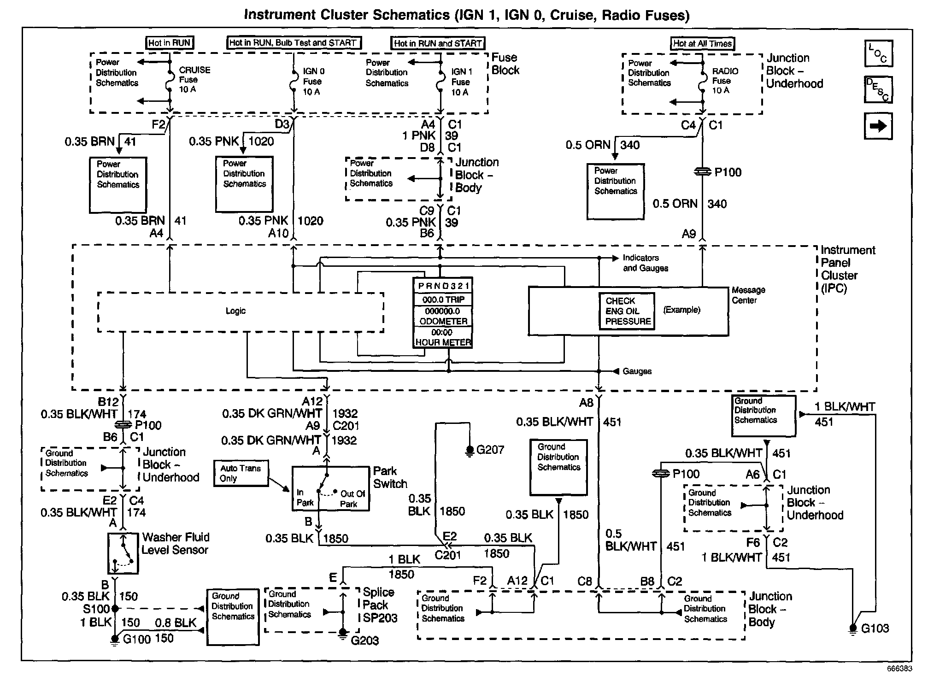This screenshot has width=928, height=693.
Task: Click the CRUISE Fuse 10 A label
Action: (194, 79)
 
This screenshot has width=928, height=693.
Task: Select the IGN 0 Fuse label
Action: (313, 82)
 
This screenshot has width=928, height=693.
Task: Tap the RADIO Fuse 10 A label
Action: (725, 81)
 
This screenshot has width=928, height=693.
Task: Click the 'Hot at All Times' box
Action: (702, 44)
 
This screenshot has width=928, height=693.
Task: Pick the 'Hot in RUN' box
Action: (169, 43)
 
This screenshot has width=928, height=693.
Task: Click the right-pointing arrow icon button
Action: (878, 126)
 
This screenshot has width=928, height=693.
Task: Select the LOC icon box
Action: (879, 53)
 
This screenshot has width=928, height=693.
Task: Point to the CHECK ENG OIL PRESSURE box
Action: (627, 311)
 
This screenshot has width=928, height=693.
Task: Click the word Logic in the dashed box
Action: (235, 311)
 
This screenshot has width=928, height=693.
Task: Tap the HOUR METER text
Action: (443, 342)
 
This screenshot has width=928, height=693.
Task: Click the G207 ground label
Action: (490, 450)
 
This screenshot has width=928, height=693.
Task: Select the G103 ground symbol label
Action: (875, 628)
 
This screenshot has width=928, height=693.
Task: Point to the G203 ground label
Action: (364, 640)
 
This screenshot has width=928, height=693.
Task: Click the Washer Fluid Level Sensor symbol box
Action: (123, 553)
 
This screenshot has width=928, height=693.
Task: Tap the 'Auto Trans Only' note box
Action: (241, 473)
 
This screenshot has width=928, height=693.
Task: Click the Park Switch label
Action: (390, 477)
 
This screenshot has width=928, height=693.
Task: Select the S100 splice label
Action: (96, 609)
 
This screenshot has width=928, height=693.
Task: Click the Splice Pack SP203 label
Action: (379, 605)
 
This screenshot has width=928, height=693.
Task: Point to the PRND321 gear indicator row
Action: (443, 286)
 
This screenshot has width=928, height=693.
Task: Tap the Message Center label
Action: (748, 295)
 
